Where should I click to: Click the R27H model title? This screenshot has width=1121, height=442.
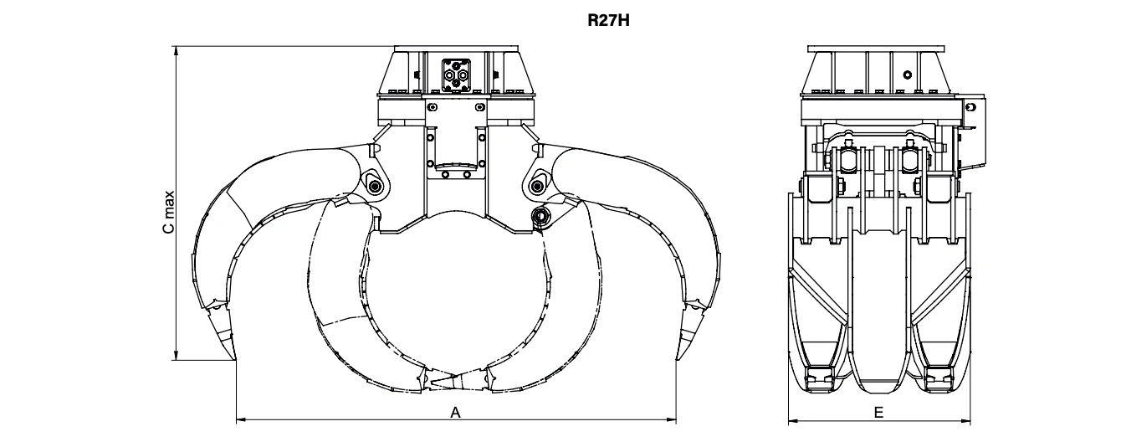pyautogui.click(x=608, y=21)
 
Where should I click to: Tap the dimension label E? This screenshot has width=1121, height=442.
pyautogui.click(x=878, y=413)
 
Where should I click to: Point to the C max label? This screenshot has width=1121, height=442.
pyautogui.click(x=169, y=212)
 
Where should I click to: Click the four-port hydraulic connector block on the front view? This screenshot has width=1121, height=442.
pyautogui.click(x=456, y=75)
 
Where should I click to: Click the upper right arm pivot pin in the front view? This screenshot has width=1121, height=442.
pyautogui.click(x=537, y=187)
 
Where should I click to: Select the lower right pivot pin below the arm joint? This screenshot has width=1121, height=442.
pyautogui.click(x=540, y=216)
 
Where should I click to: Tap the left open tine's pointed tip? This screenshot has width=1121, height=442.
pyautogui.click(x=235, y=359)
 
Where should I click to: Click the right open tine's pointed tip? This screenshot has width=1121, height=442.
pyautogui.click(x=678, y=359)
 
